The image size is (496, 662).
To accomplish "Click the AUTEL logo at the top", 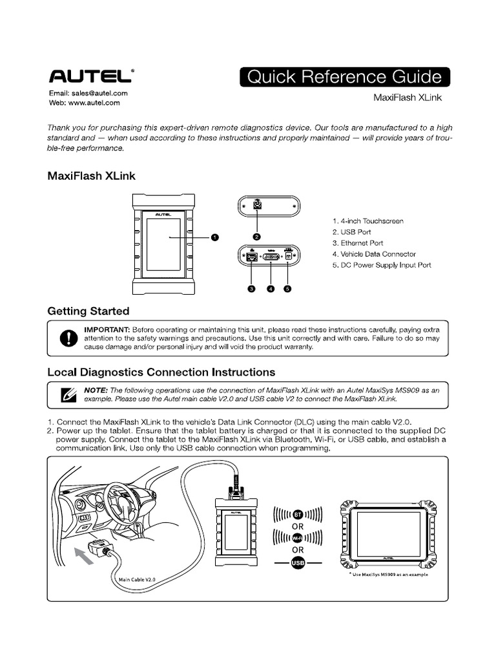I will [x=91, y=77].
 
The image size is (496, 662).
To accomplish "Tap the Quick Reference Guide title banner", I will [x=345, y=78].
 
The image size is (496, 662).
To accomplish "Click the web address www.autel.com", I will [x=94, y=102].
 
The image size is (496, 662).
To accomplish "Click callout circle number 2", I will [x=256, y=237].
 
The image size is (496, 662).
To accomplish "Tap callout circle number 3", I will [x=253, y=288].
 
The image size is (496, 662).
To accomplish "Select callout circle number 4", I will [x=271, y=288].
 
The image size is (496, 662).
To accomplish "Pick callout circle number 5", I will [x=288, y=288].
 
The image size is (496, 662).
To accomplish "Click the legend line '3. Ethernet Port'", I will [x=358, y=243].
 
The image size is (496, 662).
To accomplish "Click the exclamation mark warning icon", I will [x=67, y=338].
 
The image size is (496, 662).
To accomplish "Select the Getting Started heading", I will [x=88, y=311].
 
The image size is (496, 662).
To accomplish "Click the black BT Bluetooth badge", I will [x=298, y=515].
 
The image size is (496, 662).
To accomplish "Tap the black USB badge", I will [x=298, y=563].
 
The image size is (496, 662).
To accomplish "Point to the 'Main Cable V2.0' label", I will [x=137, y=580].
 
